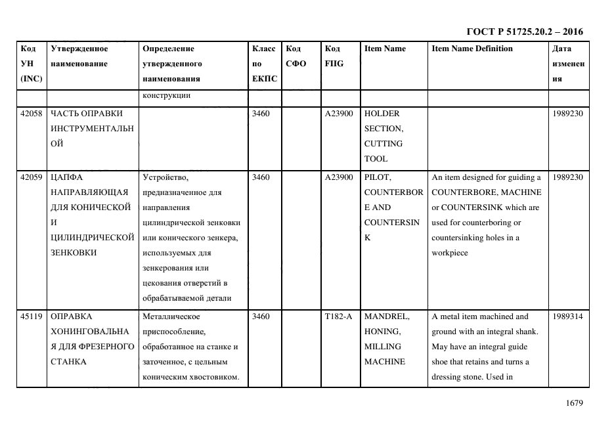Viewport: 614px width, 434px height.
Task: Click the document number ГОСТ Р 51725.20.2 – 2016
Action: (524, 32)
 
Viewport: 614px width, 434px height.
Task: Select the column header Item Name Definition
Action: (472, 49)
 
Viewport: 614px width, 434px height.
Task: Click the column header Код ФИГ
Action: (334, 56)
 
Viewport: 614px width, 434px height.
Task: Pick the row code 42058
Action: (32, 114)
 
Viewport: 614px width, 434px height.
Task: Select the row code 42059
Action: (32, 177)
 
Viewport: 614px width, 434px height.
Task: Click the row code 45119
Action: (32, 316)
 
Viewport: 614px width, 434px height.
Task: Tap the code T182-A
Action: (338, 316)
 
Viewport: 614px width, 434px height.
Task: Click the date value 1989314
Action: (567, 316)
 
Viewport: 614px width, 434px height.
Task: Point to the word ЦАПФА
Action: (66, 177)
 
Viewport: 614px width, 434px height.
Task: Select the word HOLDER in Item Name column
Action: (382, 114)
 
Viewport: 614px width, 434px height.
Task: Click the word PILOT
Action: (377, 177)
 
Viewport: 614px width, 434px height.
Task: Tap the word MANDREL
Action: (387, 316)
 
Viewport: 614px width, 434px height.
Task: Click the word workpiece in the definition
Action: (450, 253)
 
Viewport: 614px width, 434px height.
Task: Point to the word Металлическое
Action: (171, 316)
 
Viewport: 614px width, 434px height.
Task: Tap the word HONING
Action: (382, 332)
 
